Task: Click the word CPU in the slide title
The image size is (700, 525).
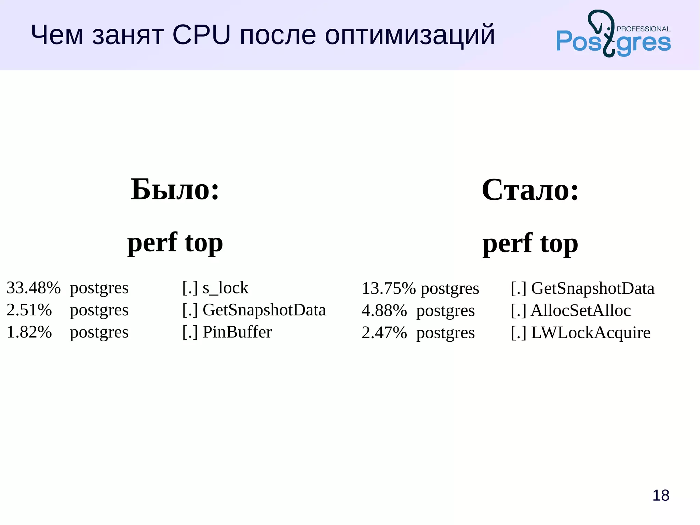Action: [201, 35]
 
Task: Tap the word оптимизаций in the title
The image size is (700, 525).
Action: [409, 36]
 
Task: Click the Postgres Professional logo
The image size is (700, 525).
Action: [613, 34]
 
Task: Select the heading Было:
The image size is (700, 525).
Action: [175, 190]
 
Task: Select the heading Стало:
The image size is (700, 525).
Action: [530, 190]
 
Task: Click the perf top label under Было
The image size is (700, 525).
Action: [175, 243]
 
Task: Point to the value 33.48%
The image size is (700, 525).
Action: [33, 288]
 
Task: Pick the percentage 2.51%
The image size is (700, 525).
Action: [29, 310]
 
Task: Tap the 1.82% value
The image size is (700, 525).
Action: [29, 332]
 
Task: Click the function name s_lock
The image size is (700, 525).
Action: [225, 288]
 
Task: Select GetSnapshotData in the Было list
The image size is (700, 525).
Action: [264, 310]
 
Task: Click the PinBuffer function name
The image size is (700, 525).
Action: [237, 332]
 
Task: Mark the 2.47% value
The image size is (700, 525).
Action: [384, 333]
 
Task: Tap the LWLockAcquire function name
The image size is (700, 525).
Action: [591, 333]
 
